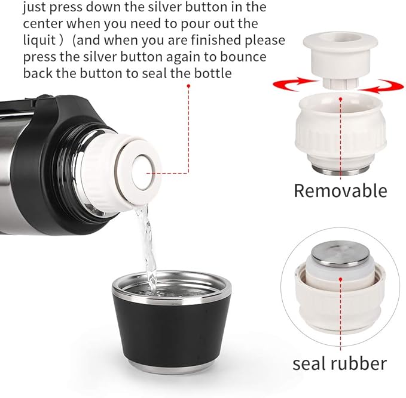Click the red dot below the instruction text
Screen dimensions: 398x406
click(188, 87)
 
